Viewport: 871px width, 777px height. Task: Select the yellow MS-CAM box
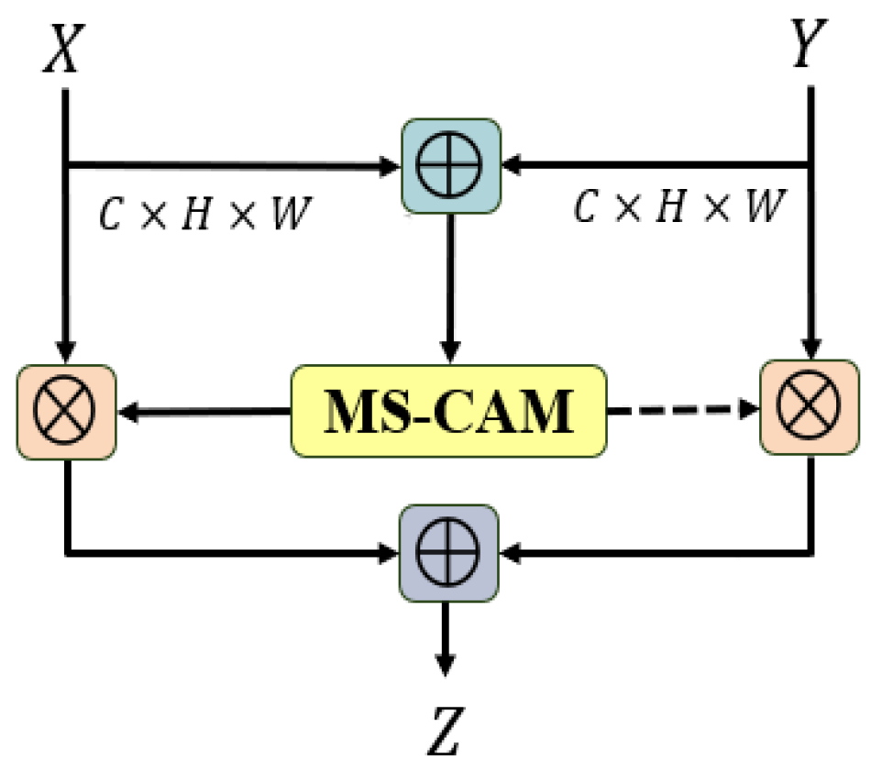click(x=448, y=412)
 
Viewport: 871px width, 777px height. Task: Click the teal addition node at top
click(x=449, y=167)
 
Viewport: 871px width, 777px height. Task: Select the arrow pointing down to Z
click(x=446, y=638)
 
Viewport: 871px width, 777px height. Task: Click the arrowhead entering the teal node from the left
click(x=391, y=166)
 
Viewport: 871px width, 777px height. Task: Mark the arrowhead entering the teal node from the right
click(x=510, y=166)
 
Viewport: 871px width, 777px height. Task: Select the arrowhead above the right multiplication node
click(x=810, y=351)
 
